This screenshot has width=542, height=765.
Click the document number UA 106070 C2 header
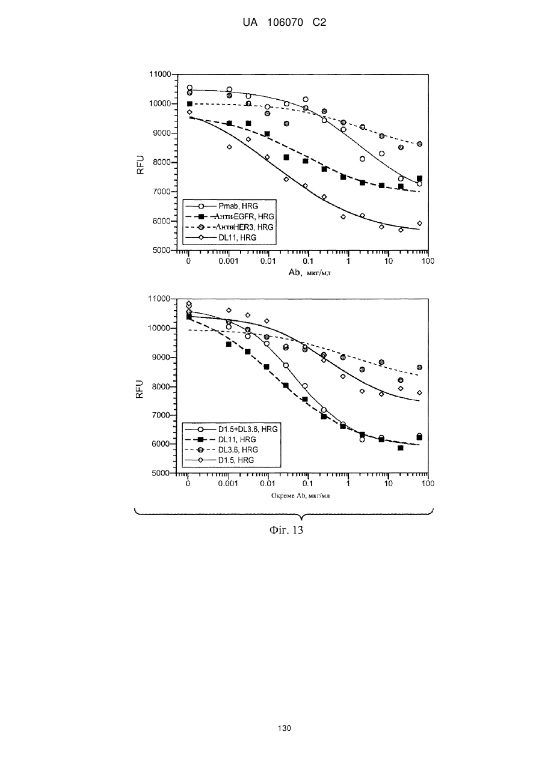(x=285, y=23)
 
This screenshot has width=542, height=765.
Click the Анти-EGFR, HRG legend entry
(x=229, y=216)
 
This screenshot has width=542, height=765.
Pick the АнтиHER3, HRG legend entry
(x=229, y=227)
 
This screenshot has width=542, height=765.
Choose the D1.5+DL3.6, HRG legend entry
(x=231, y=429)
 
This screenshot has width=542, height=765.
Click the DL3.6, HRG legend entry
(x=221, y=450)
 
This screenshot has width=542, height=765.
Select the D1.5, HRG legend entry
(x=220, y=460)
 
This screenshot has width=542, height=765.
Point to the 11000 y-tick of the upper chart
(x=160, y=74)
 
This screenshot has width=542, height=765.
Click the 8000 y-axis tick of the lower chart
(x=160, y=387)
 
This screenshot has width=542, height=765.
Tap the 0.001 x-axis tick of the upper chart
(x=228, y=261)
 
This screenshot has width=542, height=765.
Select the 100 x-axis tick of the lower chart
(x=428, y=483)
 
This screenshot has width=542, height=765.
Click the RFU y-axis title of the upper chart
(x=141, y=165)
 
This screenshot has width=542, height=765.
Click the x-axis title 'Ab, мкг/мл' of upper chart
(x=309, y=273)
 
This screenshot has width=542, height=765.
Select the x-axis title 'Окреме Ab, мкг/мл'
(x=300, y=496)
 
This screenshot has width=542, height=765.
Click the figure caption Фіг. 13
(x=286, y=529)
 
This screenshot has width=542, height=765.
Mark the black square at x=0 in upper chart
(x=189, y=104)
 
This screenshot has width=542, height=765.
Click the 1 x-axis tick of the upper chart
(x=348, y=261)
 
